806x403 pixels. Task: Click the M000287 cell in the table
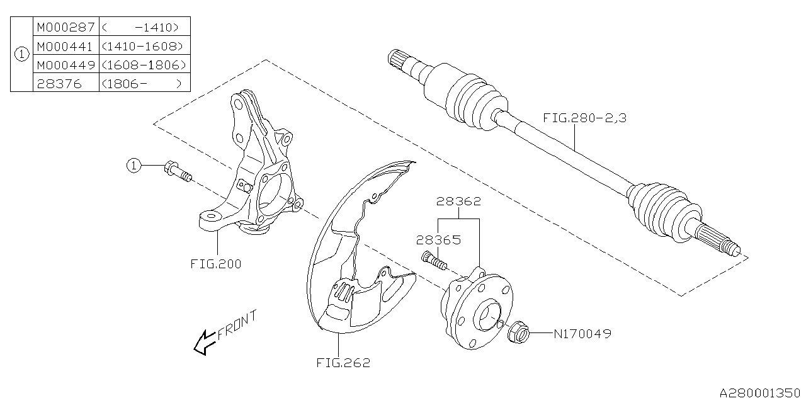[x=65, y=27]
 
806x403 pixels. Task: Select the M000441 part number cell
[x=65, y=46]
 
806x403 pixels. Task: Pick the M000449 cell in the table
[x=65, y=65]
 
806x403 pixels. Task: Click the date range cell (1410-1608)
[x=144, y=46]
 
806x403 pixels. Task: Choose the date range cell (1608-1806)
[x=144, y=65]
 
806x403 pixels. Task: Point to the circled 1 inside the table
[x=21, y=55]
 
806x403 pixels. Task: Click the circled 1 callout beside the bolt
[x=133, y=166]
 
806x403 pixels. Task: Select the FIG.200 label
[x=216, y=264]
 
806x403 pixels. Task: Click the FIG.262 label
[x=344, y=363]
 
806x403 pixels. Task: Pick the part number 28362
[x=460, y=202]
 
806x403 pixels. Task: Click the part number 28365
[x=438, y=240]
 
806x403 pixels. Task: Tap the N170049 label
[x=582, y=333]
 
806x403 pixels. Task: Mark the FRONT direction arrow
[x=203, y=344]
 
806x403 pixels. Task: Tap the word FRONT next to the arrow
[x=237, y=326]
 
